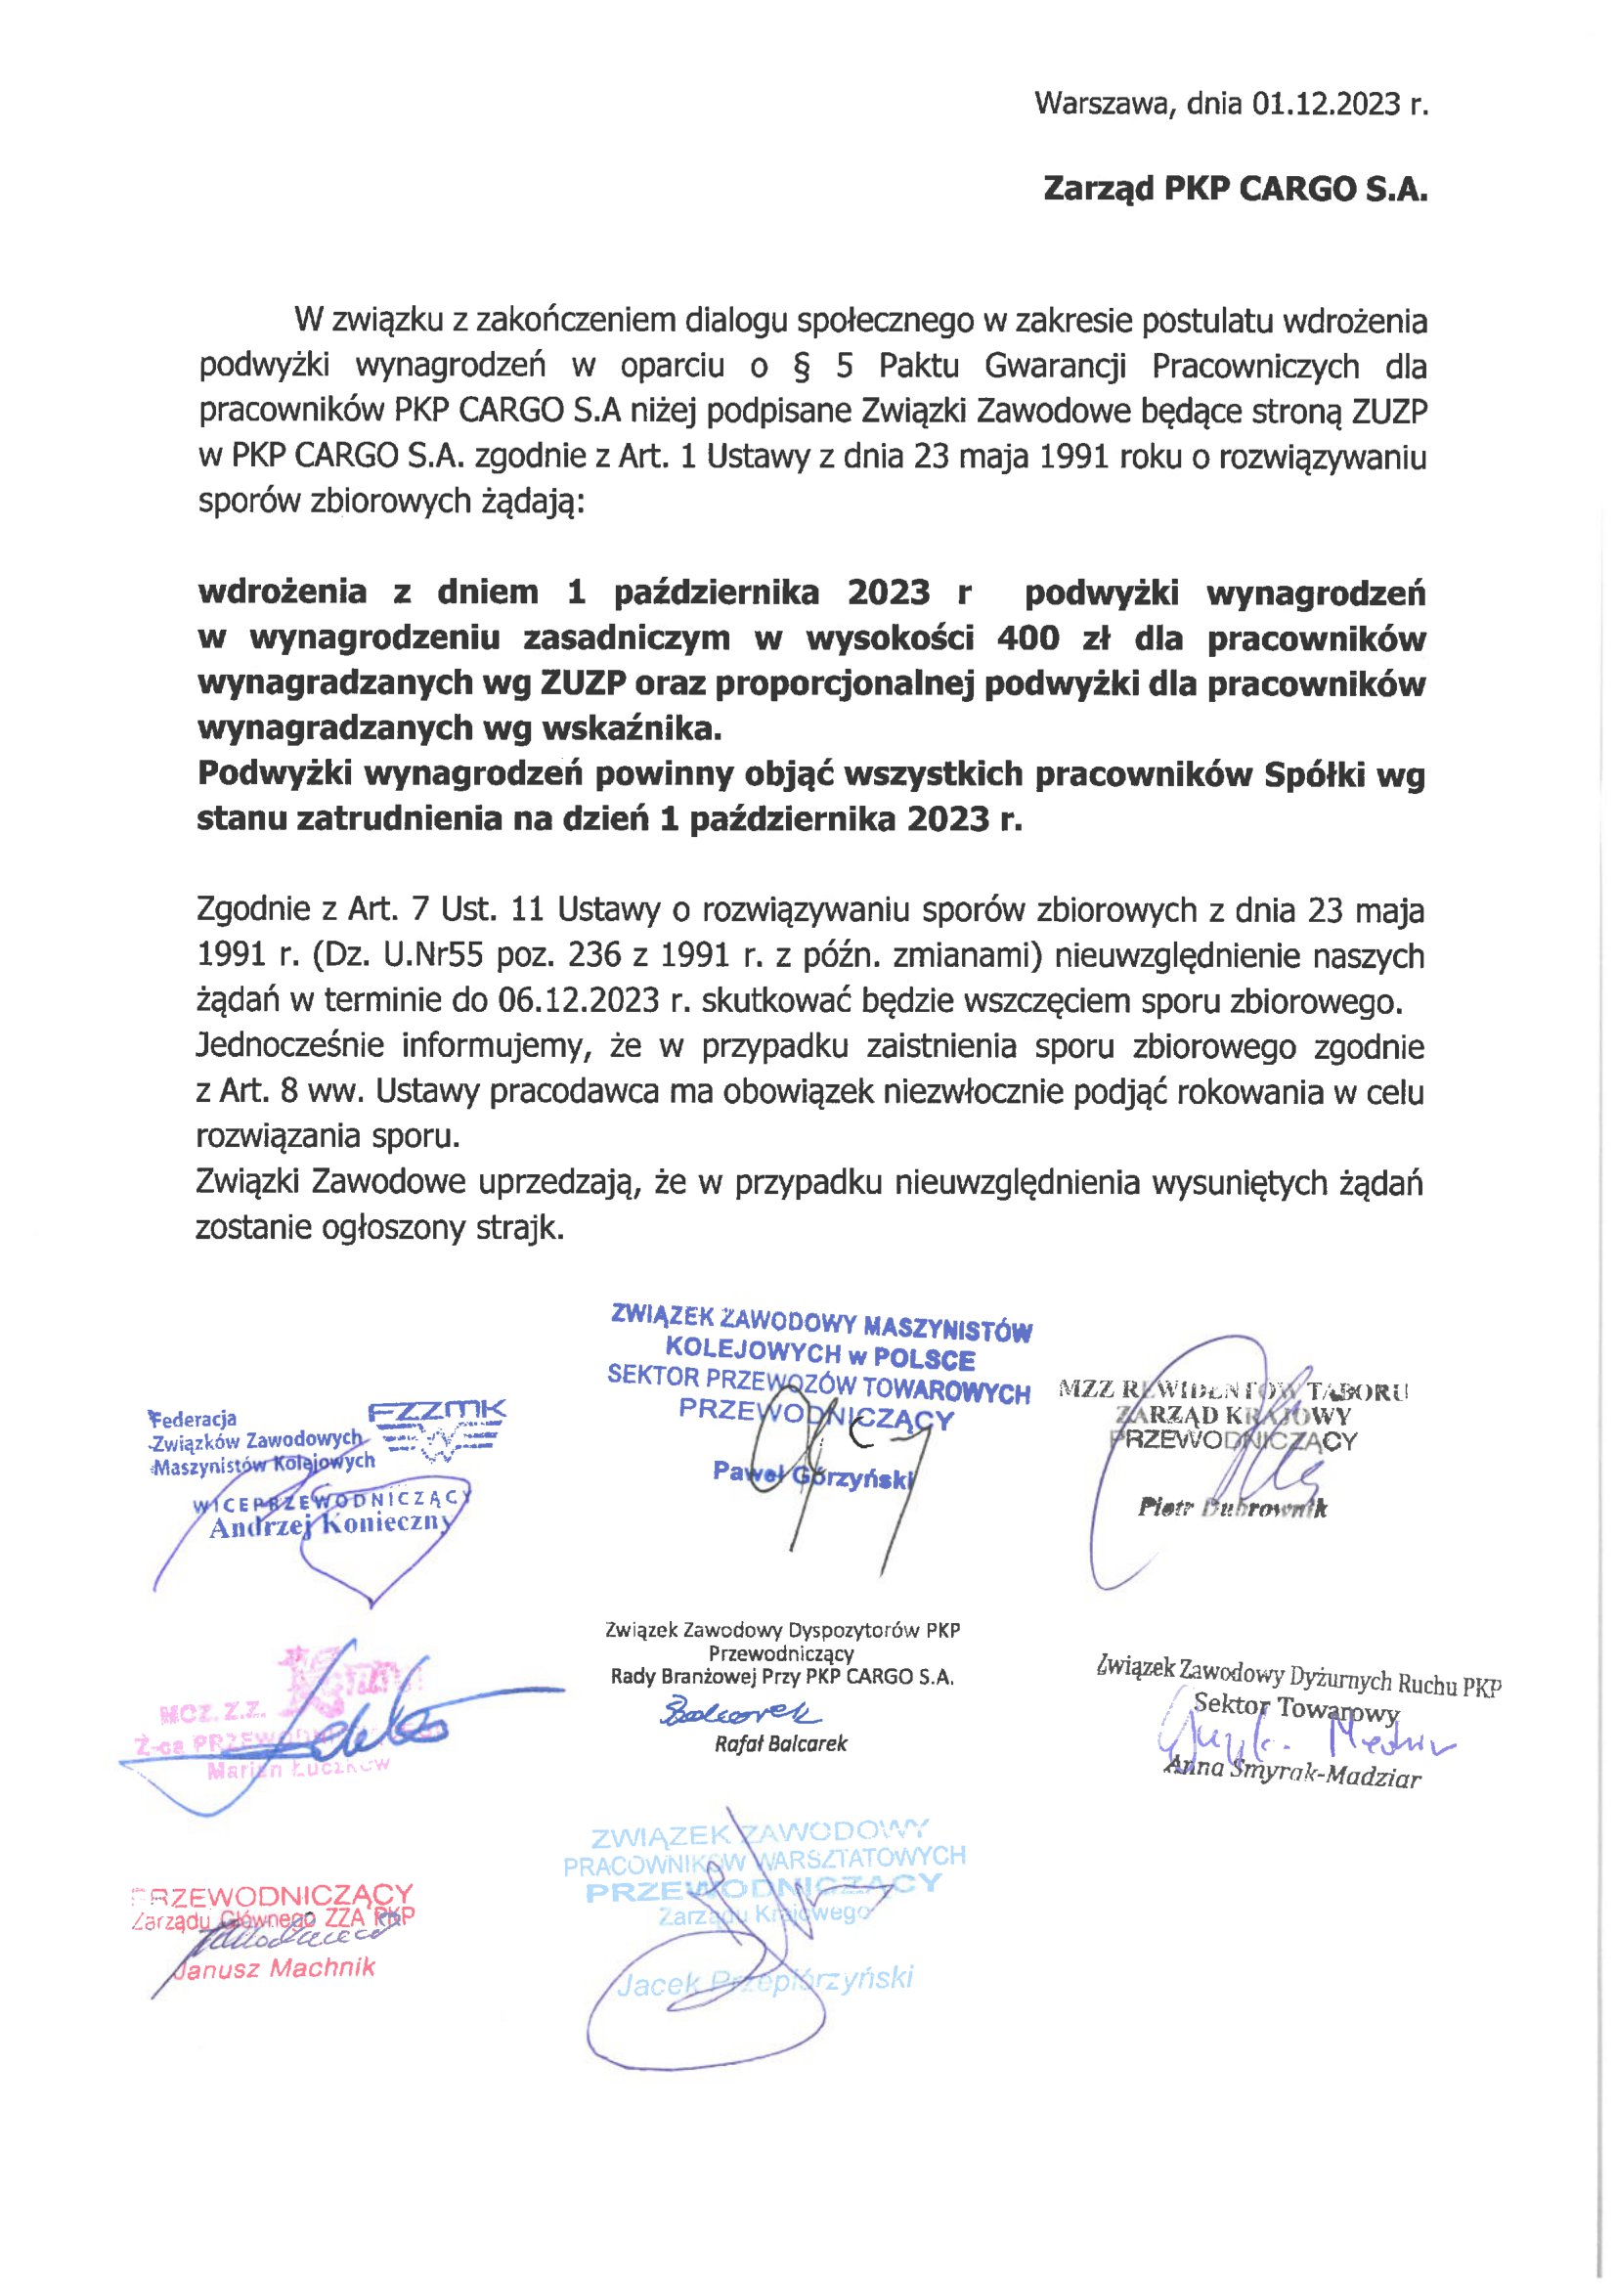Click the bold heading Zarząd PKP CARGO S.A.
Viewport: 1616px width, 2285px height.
tap(1234, 189)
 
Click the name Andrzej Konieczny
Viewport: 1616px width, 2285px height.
tap(329, 1526)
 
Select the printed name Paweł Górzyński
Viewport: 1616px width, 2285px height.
tap(813, 1475)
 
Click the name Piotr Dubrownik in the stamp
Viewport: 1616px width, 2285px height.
tap(1232, 1509)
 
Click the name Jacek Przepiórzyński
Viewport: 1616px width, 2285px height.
tap(764, 1980)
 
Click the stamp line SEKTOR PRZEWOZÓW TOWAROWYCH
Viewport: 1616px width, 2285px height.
tap(818, 1384)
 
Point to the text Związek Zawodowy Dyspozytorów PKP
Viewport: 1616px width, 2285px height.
tap(782, 1630)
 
